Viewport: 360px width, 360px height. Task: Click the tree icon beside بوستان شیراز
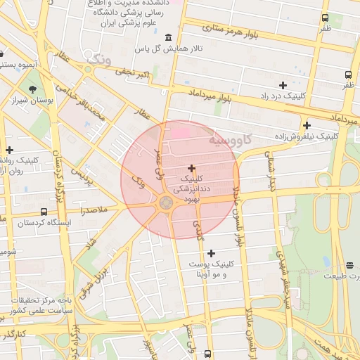pyautogui.click(x=32, y=89)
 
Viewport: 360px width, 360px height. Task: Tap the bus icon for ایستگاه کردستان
pyautogui.click(x=44, y=212)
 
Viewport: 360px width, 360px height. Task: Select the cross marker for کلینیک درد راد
pyautogui.click(x=283, y=85)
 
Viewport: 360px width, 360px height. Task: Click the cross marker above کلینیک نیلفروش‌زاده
pyautogui.click(x=307, y=124)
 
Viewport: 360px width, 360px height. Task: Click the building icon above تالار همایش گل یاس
pyautogui.click(x=167, y=37)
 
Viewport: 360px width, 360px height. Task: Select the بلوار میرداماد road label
pyautogui.click(x=210, y=97)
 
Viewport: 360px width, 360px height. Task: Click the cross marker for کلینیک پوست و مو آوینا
pyautogui.click(x=211, y=252)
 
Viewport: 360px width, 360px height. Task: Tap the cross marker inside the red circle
pyautogui.click(x=192, y=168)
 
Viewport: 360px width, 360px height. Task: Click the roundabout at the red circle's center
pyautogui.click(x=167, y=203)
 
